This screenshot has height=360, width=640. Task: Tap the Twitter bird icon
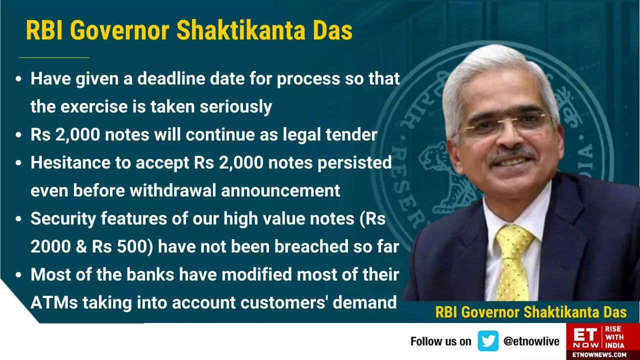coord(487,341)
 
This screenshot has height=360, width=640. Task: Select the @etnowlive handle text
coord(531,341)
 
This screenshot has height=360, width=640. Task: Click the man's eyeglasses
coord(507,123)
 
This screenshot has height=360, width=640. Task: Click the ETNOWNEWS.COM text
coord(602,354)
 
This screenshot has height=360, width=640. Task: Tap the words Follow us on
coord(440,341)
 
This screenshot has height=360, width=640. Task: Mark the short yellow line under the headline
coord(54,57)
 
